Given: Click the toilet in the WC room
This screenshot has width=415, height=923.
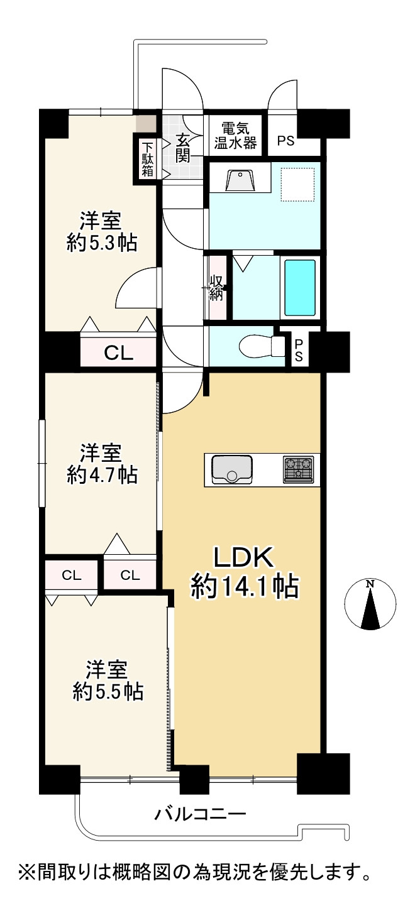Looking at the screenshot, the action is coord(262,346).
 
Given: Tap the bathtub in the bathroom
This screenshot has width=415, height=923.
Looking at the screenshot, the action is coord(300,288).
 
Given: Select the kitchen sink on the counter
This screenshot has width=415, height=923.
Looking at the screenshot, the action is coord(232,469).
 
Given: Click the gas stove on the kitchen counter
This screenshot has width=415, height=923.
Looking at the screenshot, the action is coord(298,469).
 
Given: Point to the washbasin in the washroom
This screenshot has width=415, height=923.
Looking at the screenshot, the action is coord(240,180).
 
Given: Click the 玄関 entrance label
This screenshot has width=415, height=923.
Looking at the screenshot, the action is coord(183,148).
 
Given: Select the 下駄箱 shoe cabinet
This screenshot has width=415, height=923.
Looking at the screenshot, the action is coord(148,159).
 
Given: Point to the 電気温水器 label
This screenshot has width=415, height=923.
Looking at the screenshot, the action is coord(235,135).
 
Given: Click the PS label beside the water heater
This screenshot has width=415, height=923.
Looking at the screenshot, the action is coord(285,141).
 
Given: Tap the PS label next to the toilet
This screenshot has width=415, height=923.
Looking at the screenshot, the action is coord(299,350).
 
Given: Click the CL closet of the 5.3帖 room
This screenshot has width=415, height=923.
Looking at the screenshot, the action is coord(118,352).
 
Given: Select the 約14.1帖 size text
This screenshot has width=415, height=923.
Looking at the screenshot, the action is coord(244,586).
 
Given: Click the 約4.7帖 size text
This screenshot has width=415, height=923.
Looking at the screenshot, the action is coord(102,476).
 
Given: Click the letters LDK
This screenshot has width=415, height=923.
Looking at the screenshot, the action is coord(243,557).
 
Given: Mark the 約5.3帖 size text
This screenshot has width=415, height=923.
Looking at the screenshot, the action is coord(102,244).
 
